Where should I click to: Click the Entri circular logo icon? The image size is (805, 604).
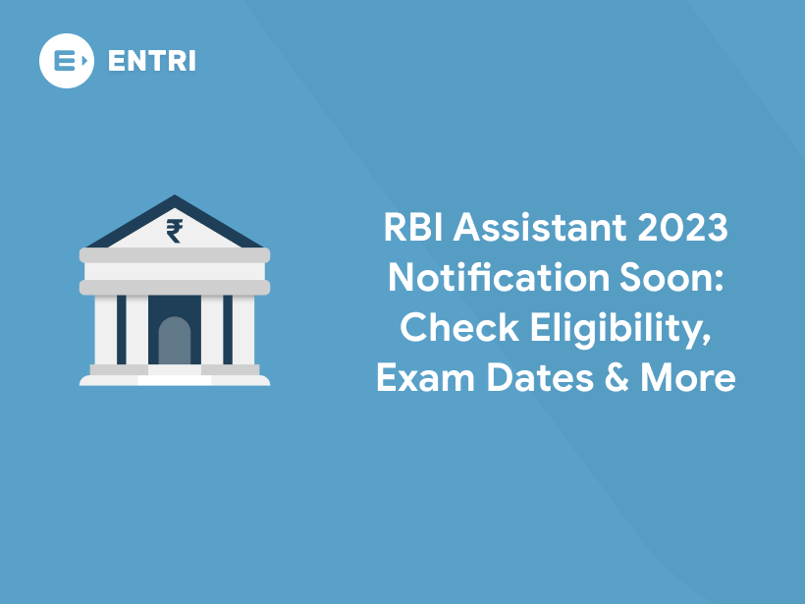click(x=66, y=61)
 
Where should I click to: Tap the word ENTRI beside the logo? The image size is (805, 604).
click(x=151, y=61)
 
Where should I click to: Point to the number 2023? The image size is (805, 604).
click(x=680, y=229)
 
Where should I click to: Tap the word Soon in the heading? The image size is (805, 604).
click(x=657, y=279)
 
